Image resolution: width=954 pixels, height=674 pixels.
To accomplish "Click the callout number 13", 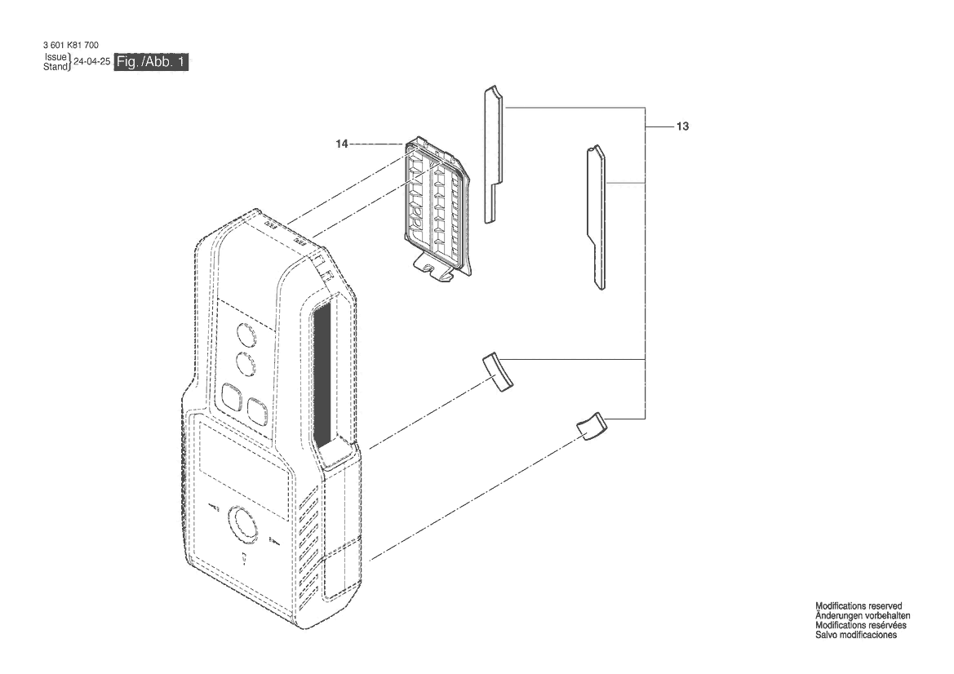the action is [682, 126].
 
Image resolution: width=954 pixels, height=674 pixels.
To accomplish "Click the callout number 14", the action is [342, 144].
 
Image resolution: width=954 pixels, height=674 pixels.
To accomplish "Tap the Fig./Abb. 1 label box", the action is [151, 62].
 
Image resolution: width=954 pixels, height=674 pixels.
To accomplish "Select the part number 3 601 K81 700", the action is [70, 45].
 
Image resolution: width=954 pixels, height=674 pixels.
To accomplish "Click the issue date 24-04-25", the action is [92, 61].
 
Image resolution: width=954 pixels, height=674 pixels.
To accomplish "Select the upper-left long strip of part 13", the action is [494, 154].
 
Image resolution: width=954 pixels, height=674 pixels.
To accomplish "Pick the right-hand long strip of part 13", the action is [597, 217].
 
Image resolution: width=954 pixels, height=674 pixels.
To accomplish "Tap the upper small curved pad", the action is [499, 372].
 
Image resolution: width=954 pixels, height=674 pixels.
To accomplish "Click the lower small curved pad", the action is [591, 427].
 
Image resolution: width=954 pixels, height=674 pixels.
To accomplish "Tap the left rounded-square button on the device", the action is [232, 398].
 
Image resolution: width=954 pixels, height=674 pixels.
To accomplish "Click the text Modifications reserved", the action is [859, 606].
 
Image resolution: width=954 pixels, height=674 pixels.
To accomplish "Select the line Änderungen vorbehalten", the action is [863, 615].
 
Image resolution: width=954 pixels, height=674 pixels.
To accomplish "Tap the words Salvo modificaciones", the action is [856, 635].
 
